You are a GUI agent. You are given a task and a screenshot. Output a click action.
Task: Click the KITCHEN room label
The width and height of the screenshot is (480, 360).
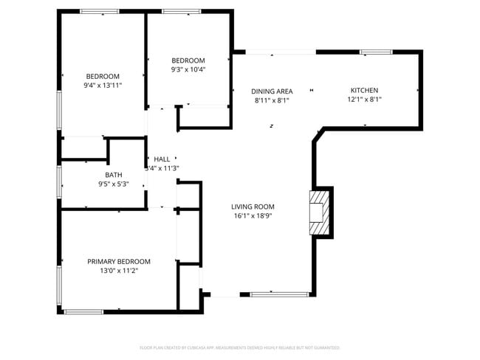pos(365,90)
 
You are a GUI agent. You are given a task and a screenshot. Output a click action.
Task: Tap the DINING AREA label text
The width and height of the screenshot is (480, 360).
pos(272,91)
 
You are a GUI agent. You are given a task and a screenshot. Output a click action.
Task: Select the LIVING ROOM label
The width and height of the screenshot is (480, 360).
pos(253,207)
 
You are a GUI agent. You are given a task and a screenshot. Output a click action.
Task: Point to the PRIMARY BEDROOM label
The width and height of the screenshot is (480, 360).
pos(119,262)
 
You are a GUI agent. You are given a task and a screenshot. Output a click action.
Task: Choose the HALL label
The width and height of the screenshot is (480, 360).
pos(162,159)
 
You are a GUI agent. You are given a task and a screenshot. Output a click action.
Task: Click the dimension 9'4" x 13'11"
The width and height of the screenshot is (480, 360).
pos(103,86)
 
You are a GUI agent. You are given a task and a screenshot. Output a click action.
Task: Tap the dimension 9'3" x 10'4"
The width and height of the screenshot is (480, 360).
pos(188,70)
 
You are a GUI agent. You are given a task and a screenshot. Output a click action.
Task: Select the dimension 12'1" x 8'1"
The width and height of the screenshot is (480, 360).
pos(365,100)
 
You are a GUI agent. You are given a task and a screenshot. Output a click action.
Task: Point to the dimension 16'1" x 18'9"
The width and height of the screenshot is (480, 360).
pos(253,217)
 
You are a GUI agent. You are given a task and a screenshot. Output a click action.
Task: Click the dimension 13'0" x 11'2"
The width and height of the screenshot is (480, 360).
pos(119,271)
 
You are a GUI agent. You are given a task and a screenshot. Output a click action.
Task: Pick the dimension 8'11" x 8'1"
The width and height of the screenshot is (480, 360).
pos(272,100)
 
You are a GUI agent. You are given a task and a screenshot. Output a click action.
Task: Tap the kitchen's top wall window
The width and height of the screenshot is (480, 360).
pos(376,52)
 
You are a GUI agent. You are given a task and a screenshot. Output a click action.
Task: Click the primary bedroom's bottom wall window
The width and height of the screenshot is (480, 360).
pos(83,311)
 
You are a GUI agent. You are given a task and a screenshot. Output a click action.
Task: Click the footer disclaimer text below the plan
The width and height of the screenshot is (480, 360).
pos(239,347)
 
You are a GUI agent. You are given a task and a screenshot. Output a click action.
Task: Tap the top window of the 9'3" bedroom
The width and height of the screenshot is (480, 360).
pos(182,12)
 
